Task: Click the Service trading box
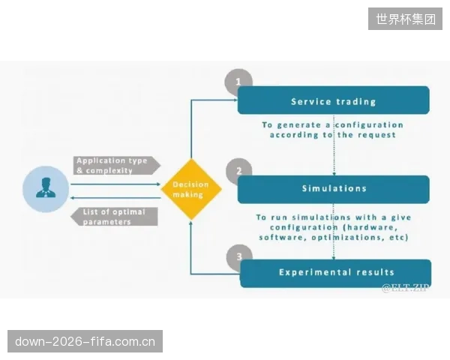(x=334, y=100)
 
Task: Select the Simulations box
(x=334, y=189)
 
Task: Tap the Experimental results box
(x=335, y=273)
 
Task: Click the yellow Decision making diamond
(x=191, y=189)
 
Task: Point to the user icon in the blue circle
(x=46, y=189)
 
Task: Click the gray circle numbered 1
(x=238, y=82)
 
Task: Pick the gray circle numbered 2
(x=238, y=171)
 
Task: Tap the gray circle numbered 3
(x=239, y=256)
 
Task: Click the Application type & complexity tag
(x=117, y=165)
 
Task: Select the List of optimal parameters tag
(x=114, y=217)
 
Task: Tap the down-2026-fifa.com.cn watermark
(x=85, y=341)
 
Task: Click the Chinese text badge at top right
(x=405, y=19)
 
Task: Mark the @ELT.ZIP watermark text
(x=405, y=288)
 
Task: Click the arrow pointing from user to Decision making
(x=115, y=184)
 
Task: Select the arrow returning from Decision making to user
(x=115, y=198)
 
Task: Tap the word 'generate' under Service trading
(x=299, y=125)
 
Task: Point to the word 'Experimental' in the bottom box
(x=315, y=272)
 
